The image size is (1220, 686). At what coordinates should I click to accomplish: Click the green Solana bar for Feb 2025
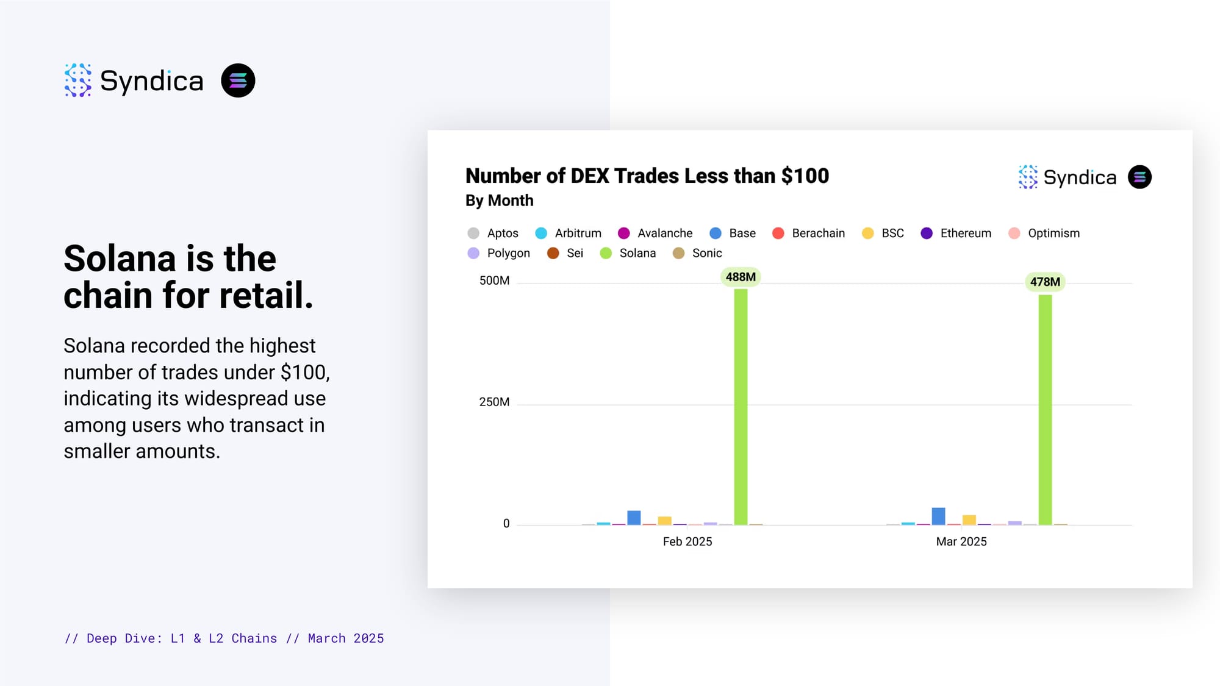(x=741, y=407)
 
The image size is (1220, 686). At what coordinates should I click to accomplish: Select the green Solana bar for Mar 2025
(x=1045, y=410)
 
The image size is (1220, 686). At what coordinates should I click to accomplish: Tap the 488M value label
(x=741, y=277)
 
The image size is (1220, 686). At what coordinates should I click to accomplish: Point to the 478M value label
(x=1045, y=282)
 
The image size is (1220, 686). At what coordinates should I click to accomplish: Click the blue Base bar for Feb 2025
(x=634, y=518)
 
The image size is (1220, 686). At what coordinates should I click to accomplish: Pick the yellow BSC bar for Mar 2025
(x=969, y=520)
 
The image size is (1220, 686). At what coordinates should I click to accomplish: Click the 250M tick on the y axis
(x=494, y=402)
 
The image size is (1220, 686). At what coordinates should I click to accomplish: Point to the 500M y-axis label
(x=494, y=280)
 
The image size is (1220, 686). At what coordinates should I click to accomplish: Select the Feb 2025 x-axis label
(x=687, y=541)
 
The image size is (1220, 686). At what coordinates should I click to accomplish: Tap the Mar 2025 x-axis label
(x=961, y=541)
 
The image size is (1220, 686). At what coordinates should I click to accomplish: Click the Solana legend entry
(x=628, y=253)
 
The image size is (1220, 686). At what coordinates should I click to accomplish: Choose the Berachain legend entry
(x=808, y=233)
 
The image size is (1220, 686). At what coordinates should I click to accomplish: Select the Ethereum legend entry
(x=956, y=233)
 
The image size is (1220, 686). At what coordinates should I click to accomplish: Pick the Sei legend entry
(x=565, y=253)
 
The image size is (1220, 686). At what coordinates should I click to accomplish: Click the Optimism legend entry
(x=1044, y=233)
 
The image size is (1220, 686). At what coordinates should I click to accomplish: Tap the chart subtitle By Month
(x=499, y=201)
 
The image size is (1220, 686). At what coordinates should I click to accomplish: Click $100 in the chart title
(x=805, y=176)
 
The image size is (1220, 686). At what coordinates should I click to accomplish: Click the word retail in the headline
(x=266, y=295)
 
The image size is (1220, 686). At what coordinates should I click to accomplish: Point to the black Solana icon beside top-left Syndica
(x=238, y=80)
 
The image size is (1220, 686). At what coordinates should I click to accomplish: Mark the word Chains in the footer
(x=254, y=638)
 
